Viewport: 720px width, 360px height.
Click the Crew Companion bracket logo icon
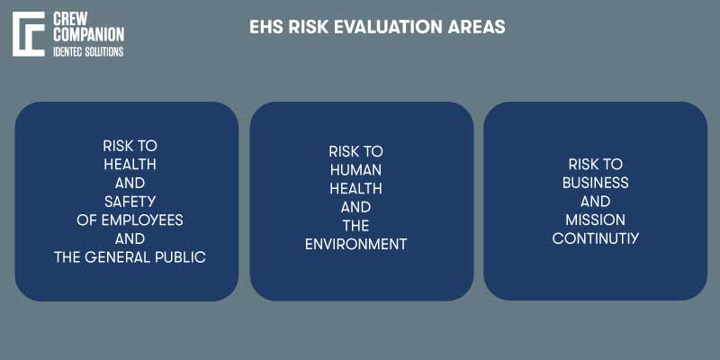(x=29, y=35)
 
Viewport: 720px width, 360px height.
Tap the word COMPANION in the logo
(x=89, y=34)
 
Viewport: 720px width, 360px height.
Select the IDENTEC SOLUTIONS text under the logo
(x=89, y=51)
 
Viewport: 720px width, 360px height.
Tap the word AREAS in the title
(x=476, y=27)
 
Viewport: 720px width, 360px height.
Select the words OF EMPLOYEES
(x=130, y=220)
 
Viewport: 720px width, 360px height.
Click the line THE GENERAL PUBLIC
(x=130, y=257)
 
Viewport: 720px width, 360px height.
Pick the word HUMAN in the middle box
(x=355, y=170)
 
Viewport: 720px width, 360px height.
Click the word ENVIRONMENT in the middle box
(x=355, y=244)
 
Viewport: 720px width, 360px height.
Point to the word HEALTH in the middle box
(x=355, y=188)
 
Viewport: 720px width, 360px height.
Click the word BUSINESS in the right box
(x=595, y=183)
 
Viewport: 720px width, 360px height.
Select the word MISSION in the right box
(x=595, y=220)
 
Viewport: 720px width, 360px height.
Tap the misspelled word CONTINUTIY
(x=595, y=238)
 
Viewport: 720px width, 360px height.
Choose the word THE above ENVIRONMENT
(x=355, y=225)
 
